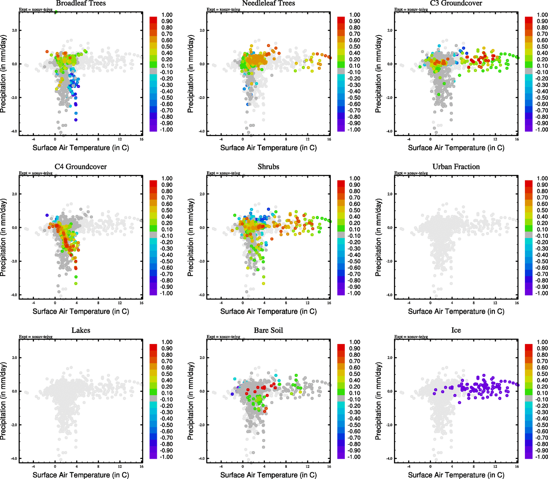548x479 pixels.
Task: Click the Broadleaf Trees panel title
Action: pos(81,4)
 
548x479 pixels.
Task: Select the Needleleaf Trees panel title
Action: pos(268,4)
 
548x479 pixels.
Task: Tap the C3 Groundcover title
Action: pos(456,4)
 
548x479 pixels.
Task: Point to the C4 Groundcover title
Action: pos(81,167)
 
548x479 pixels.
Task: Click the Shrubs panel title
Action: pos(268,167)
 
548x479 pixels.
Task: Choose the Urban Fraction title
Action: pos(456,167)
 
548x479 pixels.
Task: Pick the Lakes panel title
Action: pos(81,331)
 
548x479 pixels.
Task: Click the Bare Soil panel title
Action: pos(268,331)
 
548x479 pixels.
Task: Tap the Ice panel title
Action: pos(456,331)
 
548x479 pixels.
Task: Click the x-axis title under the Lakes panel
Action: pos(81,475)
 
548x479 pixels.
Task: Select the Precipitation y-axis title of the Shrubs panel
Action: pos(190,238)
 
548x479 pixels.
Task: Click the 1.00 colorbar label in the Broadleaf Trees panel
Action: pos(167,15)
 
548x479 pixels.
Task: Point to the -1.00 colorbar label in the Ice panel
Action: pos(542,457)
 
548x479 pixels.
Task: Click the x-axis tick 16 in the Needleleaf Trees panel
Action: pos(329,139)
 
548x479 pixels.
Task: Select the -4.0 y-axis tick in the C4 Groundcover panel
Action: pos(14,295)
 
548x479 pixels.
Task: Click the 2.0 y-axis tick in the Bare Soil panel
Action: pos(202,358)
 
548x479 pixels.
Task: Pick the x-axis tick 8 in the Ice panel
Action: pos(474,466)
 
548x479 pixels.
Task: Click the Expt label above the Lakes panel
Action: pos(36,337)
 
